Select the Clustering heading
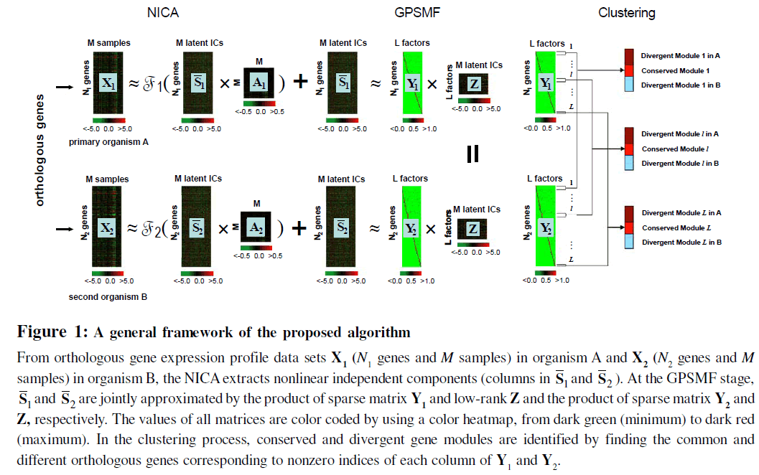(626, 12)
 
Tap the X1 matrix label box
(108, 83)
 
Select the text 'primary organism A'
(109, 142)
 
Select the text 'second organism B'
(104, 296)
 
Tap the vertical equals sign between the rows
(472, 154)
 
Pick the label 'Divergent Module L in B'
(681, 243)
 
